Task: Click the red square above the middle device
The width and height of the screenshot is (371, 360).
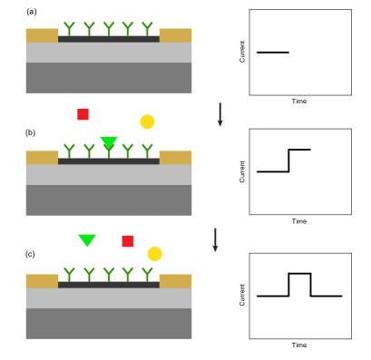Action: tap(83, 114)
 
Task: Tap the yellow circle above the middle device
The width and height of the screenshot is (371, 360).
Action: tap(147, 122)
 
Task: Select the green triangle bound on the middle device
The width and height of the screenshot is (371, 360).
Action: tap(109, 142)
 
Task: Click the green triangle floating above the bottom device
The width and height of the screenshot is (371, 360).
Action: tap(87, 239)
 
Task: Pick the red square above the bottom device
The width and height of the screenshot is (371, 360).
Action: tap(128, 241)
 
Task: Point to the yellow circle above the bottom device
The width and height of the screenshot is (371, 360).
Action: tap(155, 254)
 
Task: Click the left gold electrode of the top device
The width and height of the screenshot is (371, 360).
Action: tap(42, 35)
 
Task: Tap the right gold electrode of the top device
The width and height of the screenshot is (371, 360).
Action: tap(175, 35)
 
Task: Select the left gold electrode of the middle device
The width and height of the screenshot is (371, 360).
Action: tap(42, 158)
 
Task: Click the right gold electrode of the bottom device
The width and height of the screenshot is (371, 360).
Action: tap(175, 281)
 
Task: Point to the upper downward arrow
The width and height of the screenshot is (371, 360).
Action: tap(220, 114)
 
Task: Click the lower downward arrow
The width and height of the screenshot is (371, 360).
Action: tap(215, 239)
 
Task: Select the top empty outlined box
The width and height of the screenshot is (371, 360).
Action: tap(299, 53)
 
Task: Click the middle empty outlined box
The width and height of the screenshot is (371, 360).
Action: tap(299, 171)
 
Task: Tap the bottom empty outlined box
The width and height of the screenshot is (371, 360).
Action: tap(299, 296)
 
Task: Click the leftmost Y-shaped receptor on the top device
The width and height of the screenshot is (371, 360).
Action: tap(69, 28)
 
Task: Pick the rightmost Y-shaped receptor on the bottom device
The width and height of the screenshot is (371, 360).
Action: tap(147, 274)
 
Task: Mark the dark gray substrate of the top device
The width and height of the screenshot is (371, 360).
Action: tap(109, 78)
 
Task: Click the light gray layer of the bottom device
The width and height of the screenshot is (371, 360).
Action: tap(109, 298)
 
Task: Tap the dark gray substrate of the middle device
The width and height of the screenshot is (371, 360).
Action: tap(109, 200)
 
